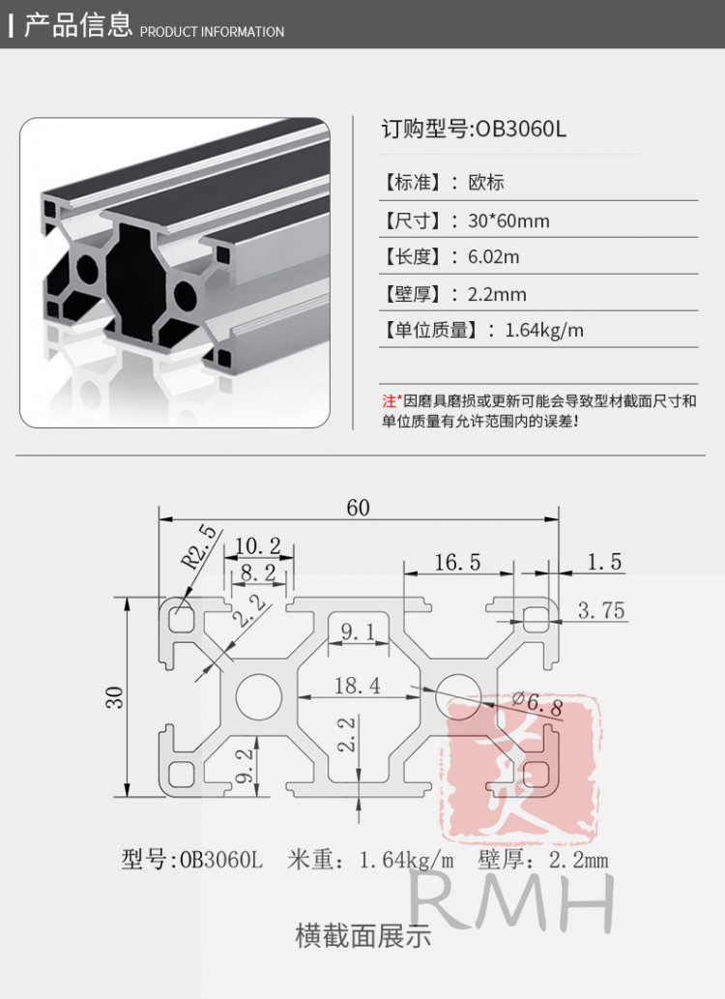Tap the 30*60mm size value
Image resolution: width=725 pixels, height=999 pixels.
pos(508,221)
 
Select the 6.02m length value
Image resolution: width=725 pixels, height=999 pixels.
pos(494,256)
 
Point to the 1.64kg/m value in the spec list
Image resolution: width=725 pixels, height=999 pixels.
pos(544,330)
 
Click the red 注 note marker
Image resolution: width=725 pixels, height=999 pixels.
pos(389,400)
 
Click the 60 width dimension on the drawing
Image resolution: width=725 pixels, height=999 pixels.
pos(358,507)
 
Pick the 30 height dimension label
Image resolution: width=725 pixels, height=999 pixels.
pos(115,697)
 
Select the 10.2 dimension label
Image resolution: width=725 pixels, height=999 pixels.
pos(258,545)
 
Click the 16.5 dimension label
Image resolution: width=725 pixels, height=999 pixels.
pos(457,562)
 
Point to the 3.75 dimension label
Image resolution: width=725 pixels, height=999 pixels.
pos(601,609)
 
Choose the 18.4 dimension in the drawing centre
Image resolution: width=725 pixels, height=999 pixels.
pos(358,686)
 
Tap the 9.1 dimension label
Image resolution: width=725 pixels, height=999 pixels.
pos(358,632)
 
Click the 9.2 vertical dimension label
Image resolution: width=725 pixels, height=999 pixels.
pos(245,765)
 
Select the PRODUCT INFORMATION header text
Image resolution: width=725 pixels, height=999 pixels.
pos(212,31)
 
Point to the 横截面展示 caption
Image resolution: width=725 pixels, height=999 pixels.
pos(363,936)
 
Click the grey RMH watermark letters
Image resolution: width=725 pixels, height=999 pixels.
pos(512,902)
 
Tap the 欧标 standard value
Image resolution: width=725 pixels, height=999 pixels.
pos(486,182)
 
